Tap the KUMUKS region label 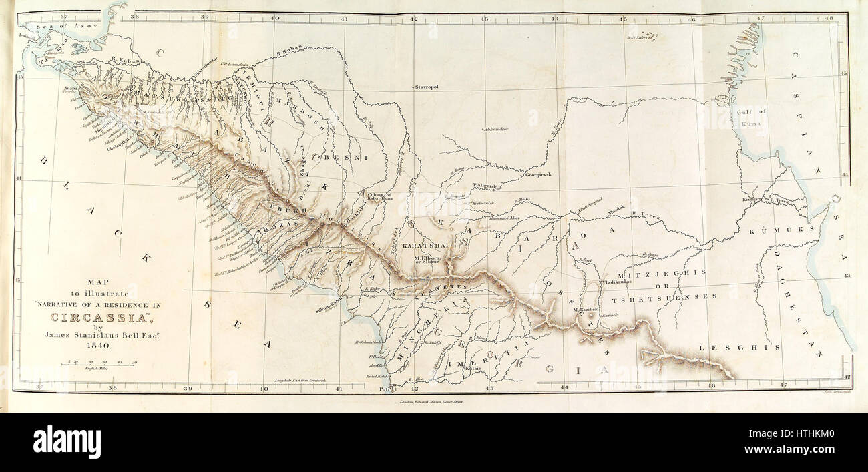coord(782,229)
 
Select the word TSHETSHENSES coord(673,296)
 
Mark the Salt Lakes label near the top coord(640,37)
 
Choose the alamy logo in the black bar coord(67,441)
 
